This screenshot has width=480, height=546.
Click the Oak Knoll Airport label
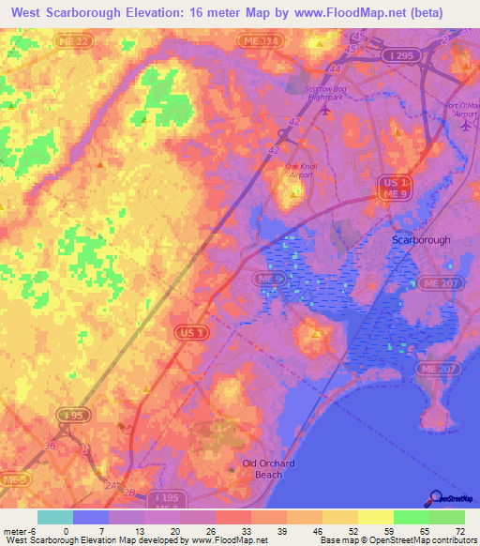click(295, 170)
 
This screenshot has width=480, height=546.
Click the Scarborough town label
click(420, 240)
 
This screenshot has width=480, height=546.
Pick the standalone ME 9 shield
click(270, 280)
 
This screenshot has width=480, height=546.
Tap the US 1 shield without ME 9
click(186, 331)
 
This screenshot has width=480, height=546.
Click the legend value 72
click(460, 532)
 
